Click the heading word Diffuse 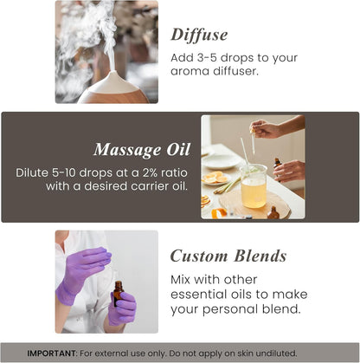point(199,35)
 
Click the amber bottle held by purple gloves point(118,293)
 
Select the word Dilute point(35,172)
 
